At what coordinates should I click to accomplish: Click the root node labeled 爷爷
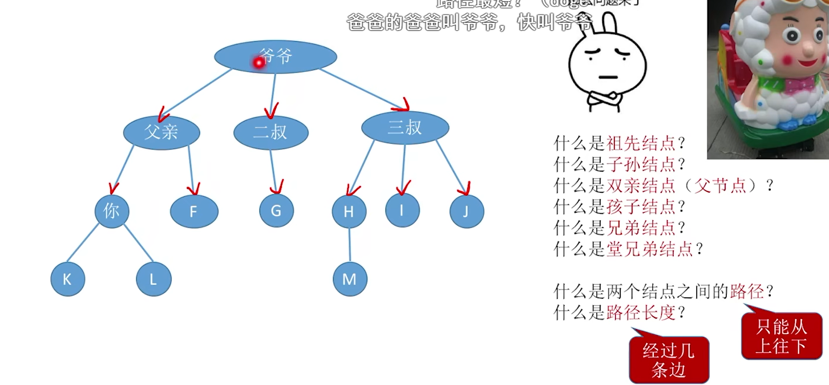tap(276, 56)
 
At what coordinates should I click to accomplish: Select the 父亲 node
tap(161, 132)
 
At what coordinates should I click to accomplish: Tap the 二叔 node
tap(271, 132)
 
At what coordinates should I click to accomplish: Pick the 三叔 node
tap(405, 128)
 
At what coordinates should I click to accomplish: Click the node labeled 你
tap(112, 211)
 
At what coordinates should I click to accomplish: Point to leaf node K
tap(68, 279)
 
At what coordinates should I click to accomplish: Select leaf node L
tap(153, 279)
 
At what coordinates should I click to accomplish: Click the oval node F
tap(194, 212)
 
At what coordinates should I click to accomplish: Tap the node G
tap(276, 210)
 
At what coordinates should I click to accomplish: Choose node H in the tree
tap(349, 212)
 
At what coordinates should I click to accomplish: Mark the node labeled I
tap(402, 210)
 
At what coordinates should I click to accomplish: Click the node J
tap(466, 212)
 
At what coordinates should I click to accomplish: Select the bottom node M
tap(350, 279)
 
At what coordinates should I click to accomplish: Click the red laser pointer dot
tap(258, 63)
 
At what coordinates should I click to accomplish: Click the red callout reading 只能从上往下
tap(781, 337)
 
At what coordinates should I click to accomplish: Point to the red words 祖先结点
tap(641, 143)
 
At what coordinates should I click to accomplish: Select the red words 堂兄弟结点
tap(649, 249)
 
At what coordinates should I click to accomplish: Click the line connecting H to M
tap(349, 245)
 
